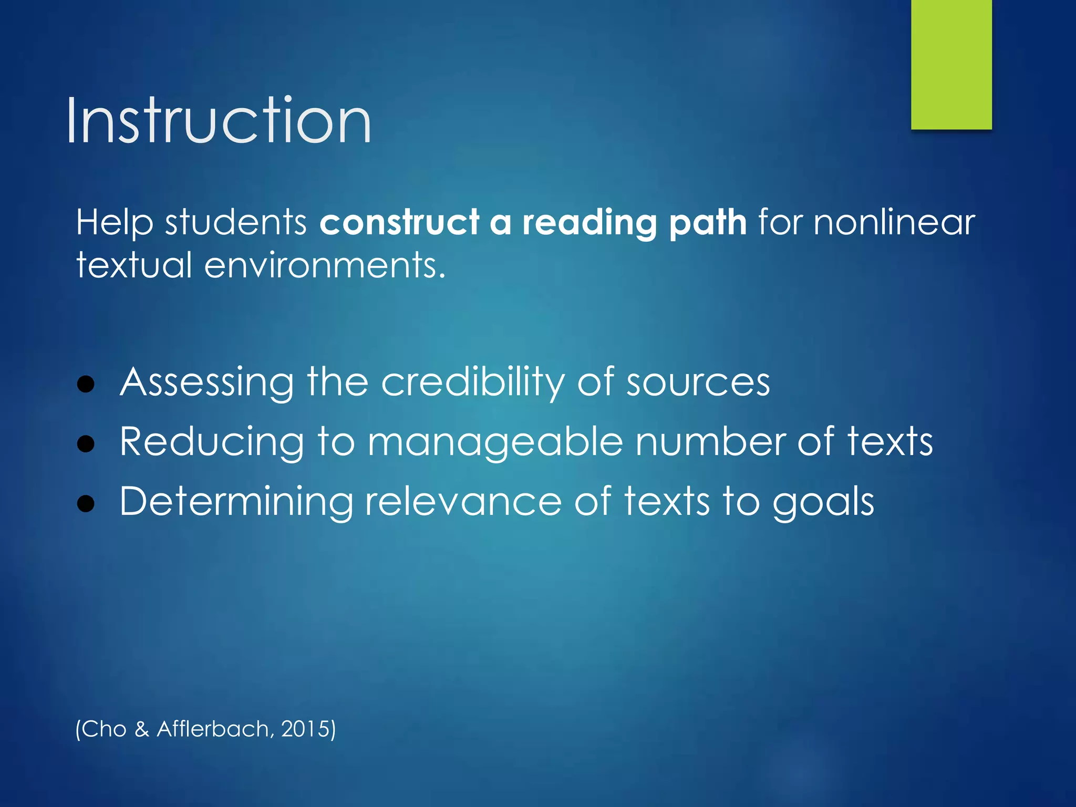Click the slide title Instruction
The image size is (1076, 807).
pyautogui.click(x=219, y=121)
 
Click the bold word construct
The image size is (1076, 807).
pyautogui.click(x=399, y=222)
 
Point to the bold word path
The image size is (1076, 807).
pyautogui.click(x=708, y=222)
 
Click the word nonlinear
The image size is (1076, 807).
pyautogui.click(x=894, y=222)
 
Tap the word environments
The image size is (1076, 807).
pyautogui.click(x=324, y=265)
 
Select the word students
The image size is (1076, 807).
pyautogui.click(x=236, y=222)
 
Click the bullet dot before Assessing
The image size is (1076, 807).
pyautogui.click(x=86, y=384)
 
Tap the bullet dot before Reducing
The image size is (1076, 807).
pyautogui.click(x=86, y=444)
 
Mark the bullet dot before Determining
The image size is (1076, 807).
pyautogui.click(x=86, y=504)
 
